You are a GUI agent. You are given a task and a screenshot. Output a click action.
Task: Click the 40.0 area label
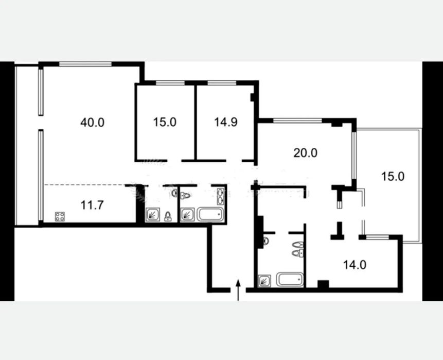[93, 123]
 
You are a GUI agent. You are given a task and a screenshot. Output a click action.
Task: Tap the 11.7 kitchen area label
[92, 205]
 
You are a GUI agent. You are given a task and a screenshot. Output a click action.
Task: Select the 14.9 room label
[226, 122]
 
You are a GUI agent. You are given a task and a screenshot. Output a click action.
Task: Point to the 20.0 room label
[306, 153]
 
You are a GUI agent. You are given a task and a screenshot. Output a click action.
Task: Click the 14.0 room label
[355, 265]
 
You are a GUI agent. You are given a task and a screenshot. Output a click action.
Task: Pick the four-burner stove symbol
[60, 217]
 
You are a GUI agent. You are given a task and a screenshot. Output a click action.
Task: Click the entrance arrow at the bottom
[238, 290]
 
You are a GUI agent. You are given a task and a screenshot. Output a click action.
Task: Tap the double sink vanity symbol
[220, 196]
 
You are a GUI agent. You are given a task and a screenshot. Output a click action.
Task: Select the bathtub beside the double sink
[210, 214]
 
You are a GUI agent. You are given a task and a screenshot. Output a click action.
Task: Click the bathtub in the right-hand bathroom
[290, 280]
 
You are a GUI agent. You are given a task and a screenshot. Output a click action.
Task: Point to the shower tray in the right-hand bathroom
[264, 281]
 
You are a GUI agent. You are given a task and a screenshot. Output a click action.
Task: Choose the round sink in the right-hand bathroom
[265, 241]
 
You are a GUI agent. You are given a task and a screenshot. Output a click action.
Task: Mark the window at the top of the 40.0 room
[85, 64]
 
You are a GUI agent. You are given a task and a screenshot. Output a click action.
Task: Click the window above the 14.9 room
[222, 83]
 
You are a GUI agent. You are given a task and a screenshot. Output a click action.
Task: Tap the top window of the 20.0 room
[298, 121]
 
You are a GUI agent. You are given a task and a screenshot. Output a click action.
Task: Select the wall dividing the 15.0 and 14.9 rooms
[195, 122]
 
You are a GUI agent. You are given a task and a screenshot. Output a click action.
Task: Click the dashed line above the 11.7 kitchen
[85, 185]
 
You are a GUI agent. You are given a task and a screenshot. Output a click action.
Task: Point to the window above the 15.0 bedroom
[170, 83]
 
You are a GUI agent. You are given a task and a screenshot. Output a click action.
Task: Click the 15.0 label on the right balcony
[393, 176]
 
